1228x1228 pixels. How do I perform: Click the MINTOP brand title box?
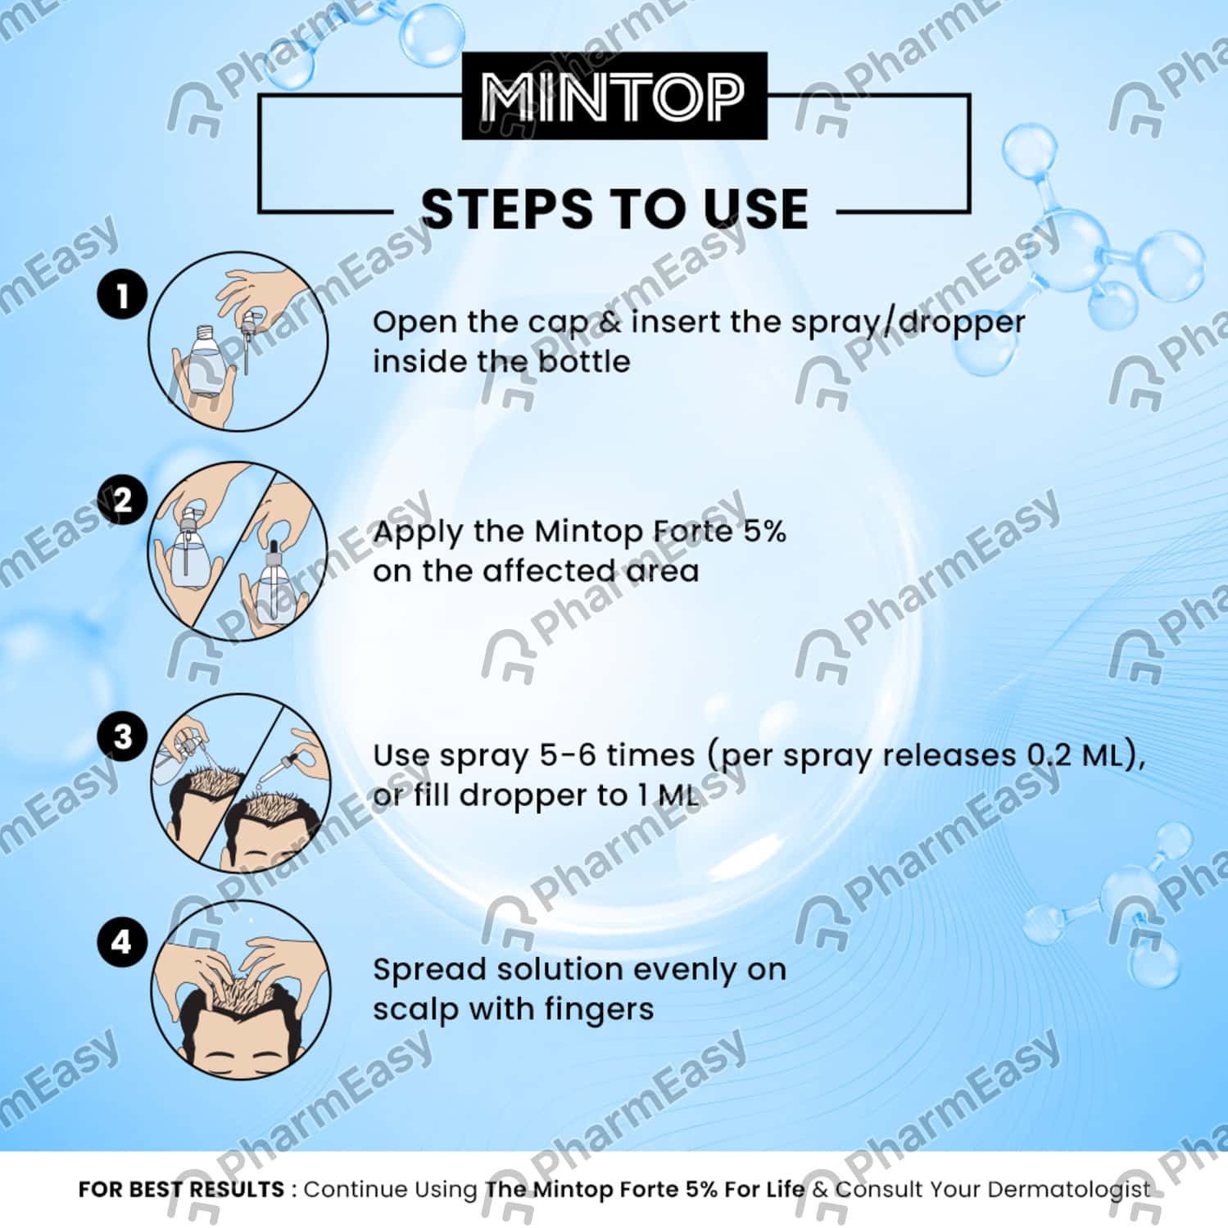click(614, 97)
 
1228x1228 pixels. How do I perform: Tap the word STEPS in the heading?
click(505, 209)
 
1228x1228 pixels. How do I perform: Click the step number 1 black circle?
click(122, 296)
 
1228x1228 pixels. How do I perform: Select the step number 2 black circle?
click(122, 500)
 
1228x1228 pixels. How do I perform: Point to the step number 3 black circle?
click(122, 736)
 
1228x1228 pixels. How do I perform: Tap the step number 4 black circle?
click(122, 942)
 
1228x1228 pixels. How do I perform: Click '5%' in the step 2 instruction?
click(764, 532)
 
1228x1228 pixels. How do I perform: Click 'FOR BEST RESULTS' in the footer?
click(181, 1189)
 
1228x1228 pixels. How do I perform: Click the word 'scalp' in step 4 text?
click(415, 1009)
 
